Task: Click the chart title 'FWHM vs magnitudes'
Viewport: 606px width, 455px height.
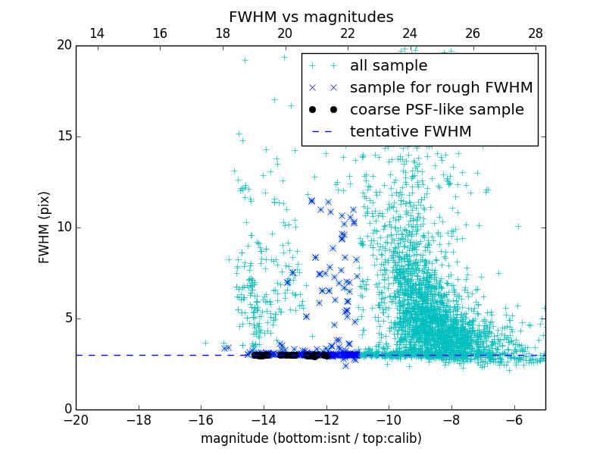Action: click(x=311, y=17)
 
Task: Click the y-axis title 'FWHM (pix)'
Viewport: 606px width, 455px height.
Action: click(x=45, y=227)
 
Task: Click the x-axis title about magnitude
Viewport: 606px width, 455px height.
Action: click(x=311, y=438)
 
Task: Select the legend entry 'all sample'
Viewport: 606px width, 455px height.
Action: click(x=388, y=66)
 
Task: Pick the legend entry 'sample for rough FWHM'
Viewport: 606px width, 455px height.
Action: click(x=441, y=88)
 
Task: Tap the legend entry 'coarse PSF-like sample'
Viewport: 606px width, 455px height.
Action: click(x=436, y=110)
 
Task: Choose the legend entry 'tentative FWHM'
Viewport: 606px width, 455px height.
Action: click(x=411, y=132)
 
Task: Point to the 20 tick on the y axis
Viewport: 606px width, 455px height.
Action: click(x=64, y=45)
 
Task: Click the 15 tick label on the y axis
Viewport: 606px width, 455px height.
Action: click(x=64, y=136)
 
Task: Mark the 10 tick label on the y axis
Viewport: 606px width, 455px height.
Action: click(x=64, y=227)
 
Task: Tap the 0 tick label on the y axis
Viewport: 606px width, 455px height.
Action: click(x=67, y=409)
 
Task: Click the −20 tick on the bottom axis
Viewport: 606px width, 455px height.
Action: click(x=76, y=419)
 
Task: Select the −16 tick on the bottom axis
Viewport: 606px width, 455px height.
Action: click(x=201, y=419)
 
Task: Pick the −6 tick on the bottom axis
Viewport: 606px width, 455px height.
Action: click(x=514, y=419)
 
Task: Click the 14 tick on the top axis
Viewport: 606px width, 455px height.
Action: click(x=97, y=33)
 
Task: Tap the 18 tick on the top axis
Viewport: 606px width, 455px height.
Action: click(x=223, y=33)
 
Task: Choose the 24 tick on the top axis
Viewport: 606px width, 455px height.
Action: click(x=410, y=33)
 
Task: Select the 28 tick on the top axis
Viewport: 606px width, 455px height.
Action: click(x=536, y=33)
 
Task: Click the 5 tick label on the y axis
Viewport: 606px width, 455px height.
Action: click(x=67, y=318)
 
